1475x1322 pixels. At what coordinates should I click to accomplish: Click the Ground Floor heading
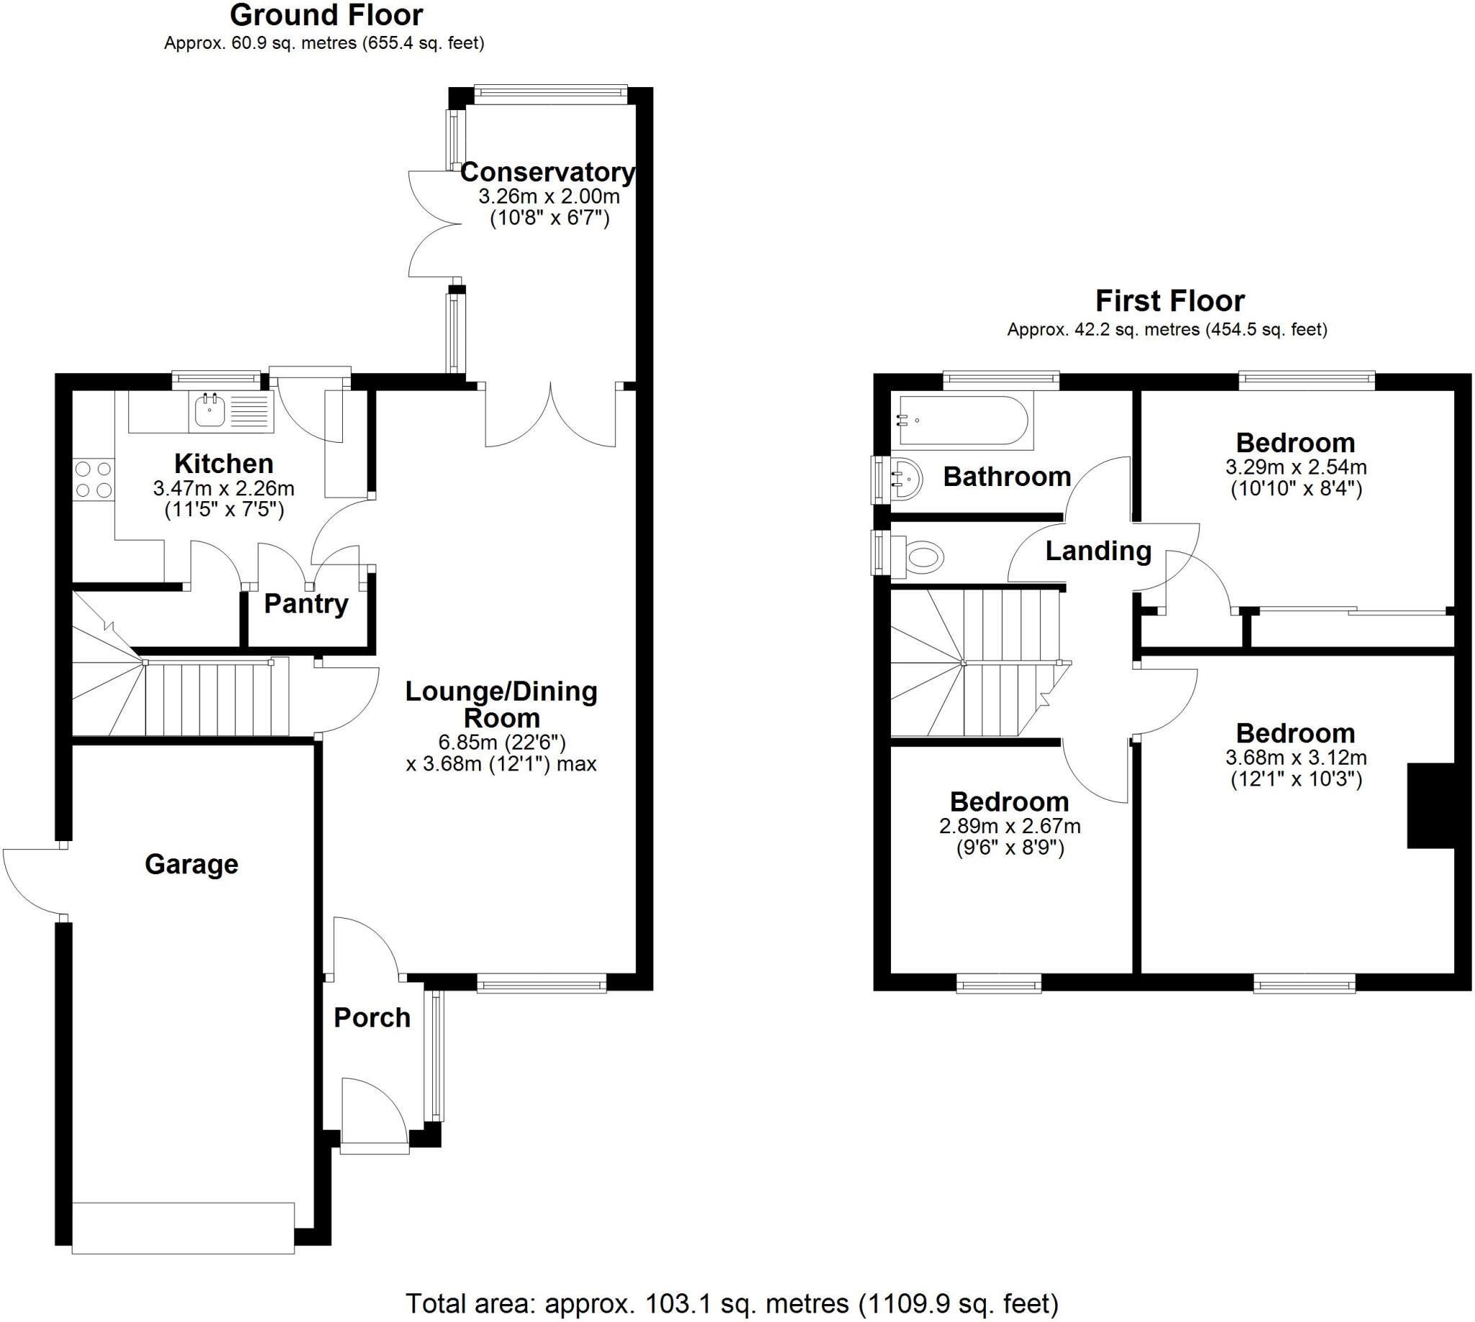(326, 15)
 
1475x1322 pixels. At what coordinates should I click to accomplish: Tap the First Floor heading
(1169, 301)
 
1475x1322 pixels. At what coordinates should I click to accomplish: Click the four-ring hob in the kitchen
(94, 480)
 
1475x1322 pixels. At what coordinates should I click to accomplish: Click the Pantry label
(306, 603)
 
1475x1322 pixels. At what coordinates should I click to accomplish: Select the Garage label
(191, 863)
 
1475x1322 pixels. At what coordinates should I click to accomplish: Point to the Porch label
(372, 1017)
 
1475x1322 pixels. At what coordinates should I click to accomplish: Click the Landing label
(1098, 551)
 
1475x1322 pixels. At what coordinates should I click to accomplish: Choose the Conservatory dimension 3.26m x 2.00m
(549, 196)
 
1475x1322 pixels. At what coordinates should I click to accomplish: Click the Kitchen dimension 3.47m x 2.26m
(224, 488)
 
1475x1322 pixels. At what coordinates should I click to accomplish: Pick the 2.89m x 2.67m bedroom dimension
(1009, 826)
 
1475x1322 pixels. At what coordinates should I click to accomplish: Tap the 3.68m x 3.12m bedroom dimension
(1296, 757)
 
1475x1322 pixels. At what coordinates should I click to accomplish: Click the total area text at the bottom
(731, 1303)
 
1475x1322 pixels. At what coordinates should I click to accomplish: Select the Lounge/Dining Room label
(501, 704)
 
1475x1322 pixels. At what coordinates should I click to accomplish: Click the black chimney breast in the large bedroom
(1430, 805)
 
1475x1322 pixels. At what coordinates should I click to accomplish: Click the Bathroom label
(1007, 477)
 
